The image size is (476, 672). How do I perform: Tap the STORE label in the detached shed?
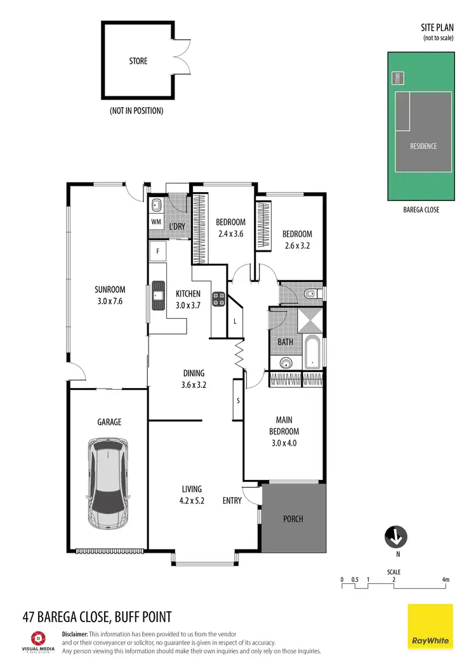tap(138, 61)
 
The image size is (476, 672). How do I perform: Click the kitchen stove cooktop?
tap(220, 299)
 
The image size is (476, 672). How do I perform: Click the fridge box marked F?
tap(157, 251)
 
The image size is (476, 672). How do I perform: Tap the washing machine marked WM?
tap(156, 222)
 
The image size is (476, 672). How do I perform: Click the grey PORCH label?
tap(293, 519)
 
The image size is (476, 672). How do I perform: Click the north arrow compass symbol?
tap(395, 536)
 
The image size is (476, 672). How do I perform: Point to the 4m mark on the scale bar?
tap(446, 580)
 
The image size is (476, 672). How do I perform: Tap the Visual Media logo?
tap(39, 641)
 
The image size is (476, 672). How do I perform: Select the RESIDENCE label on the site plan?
tap(423, 146)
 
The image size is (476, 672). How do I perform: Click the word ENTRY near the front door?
tap(232, 501)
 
